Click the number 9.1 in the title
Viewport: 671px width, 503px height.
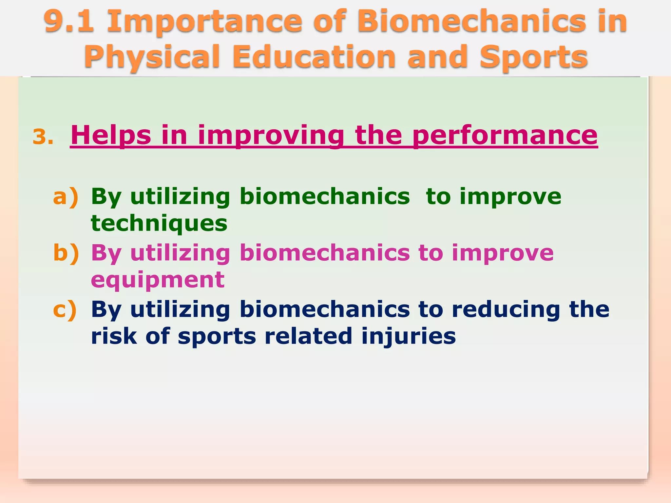click(69, 21)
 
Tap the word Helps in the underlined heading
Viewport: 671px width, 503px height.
click(111, 135)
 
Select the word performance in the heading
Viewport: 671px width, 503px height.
click(505, 135)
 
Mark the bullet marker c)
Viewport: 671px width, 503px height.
click(65, 309)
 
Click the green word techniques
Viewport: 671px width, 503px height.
click(159, 224)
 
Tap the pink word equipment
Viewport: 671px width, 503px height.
click(158, 280)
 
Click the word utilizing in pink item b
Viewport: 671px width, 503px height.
click(180, 253)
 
